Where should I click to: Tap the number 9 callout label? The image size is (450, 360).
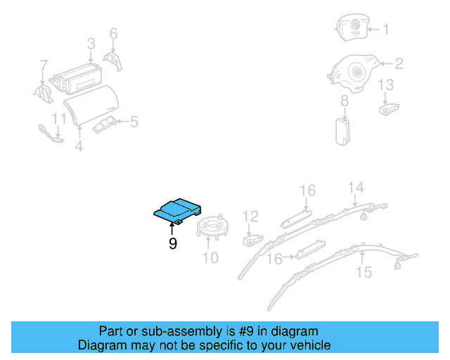point(172,244)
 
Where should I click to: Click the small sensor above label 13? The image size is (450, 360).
point(387,108)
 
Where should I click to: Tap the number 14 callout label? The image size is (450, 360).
point(356,187)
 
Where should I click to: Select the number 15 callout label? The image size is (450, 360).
point(364,271)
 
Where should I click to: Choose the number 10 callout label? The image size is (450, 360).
point(210,258)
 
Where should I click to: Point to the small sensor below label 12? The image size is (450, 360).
point(251,240)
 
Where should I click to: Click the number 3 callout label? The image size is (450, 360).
point(91,44)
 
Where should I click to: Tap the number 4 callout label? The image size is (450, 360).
point(79,146)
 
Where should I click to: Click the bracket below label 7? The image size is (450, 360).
point(44,92)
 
